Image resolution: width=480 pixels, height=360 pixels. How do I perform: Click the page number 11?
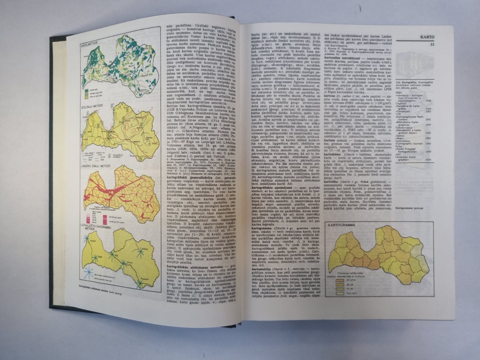tap(432, 44)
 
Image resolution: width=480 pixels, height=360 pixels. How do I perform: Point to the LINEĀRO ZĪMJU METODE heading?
tap(98, 165)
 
